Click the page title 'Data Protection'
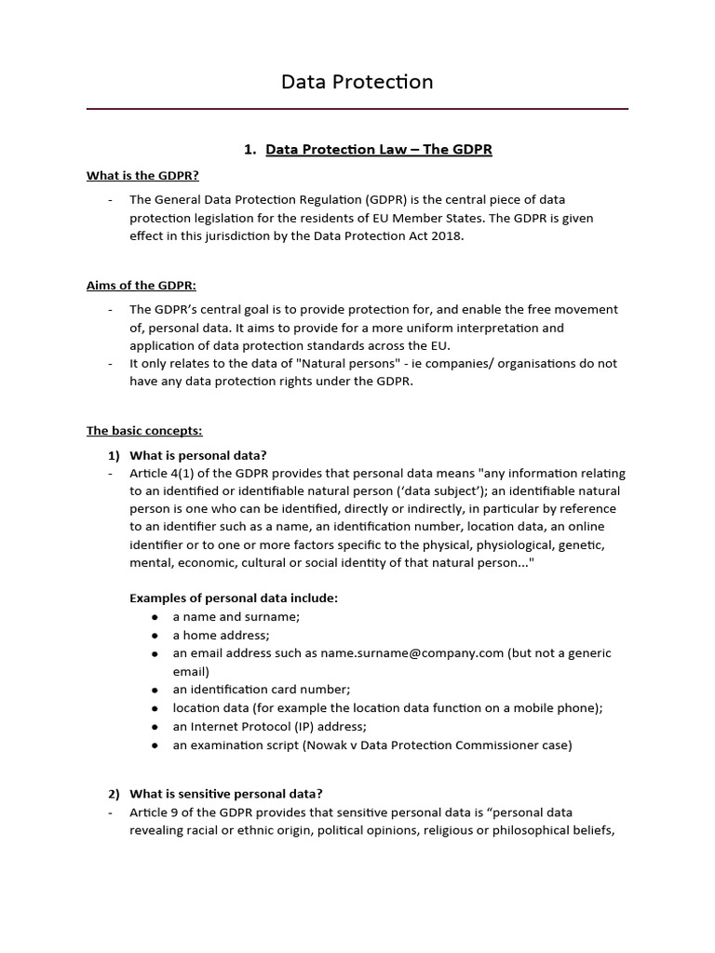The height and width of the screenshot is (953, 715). coord(357,82)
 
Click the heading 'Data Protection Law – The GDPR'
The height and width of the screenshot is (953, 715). coord(378,149)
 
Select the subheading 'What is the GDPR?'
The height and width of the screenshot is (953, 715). coord(142,175)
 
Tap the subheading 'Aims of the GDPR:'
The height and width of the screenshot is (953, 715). coord(142,285)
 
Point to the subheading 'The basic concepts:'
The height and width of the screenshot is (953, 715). coord(144,431)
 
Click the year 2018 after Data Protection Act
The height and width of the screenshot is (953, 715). coord(444,235)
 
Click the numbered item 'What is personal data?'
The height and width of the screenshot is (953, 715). coord(197,455)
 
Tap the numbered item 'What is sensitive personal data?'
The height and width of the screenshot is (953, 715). coord(225,794)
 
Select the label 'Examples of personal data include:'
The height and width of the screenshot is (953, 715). coord(233,598)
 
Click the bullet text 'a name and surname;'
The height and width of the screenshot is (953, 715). coord(236,616)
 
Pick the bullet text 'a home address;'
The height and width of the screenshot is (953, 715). coord(221,635)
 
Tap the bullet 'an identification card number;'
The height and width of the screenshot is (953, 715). coord(261,690)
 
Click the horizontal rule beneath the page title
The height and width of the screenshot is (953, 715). coord(357,109)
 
